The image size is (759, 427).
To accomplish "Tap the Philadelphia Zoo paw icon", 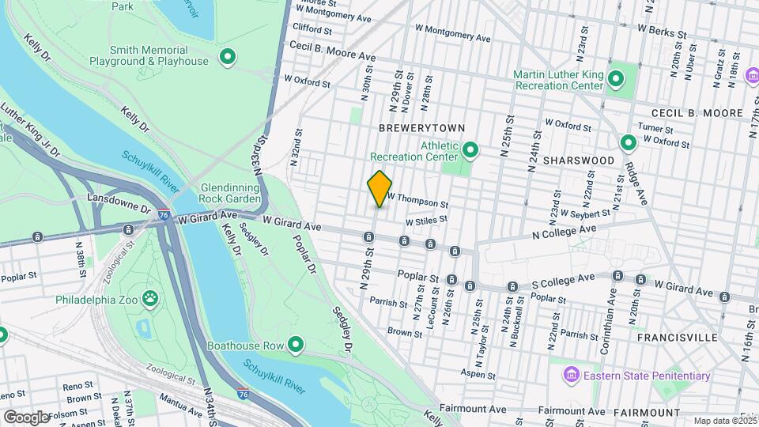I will (x=149, y=299).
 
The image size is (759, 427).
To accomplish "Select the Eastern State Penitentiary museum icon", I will (x=571, y=376).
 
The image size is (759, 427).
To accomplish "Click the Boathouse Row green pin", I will (x=296, y=345).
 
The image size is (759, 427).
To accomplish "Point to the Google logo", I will (x=26, y=417).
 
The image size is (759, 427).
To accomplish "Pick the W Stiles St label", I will (x=426, y=221).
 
